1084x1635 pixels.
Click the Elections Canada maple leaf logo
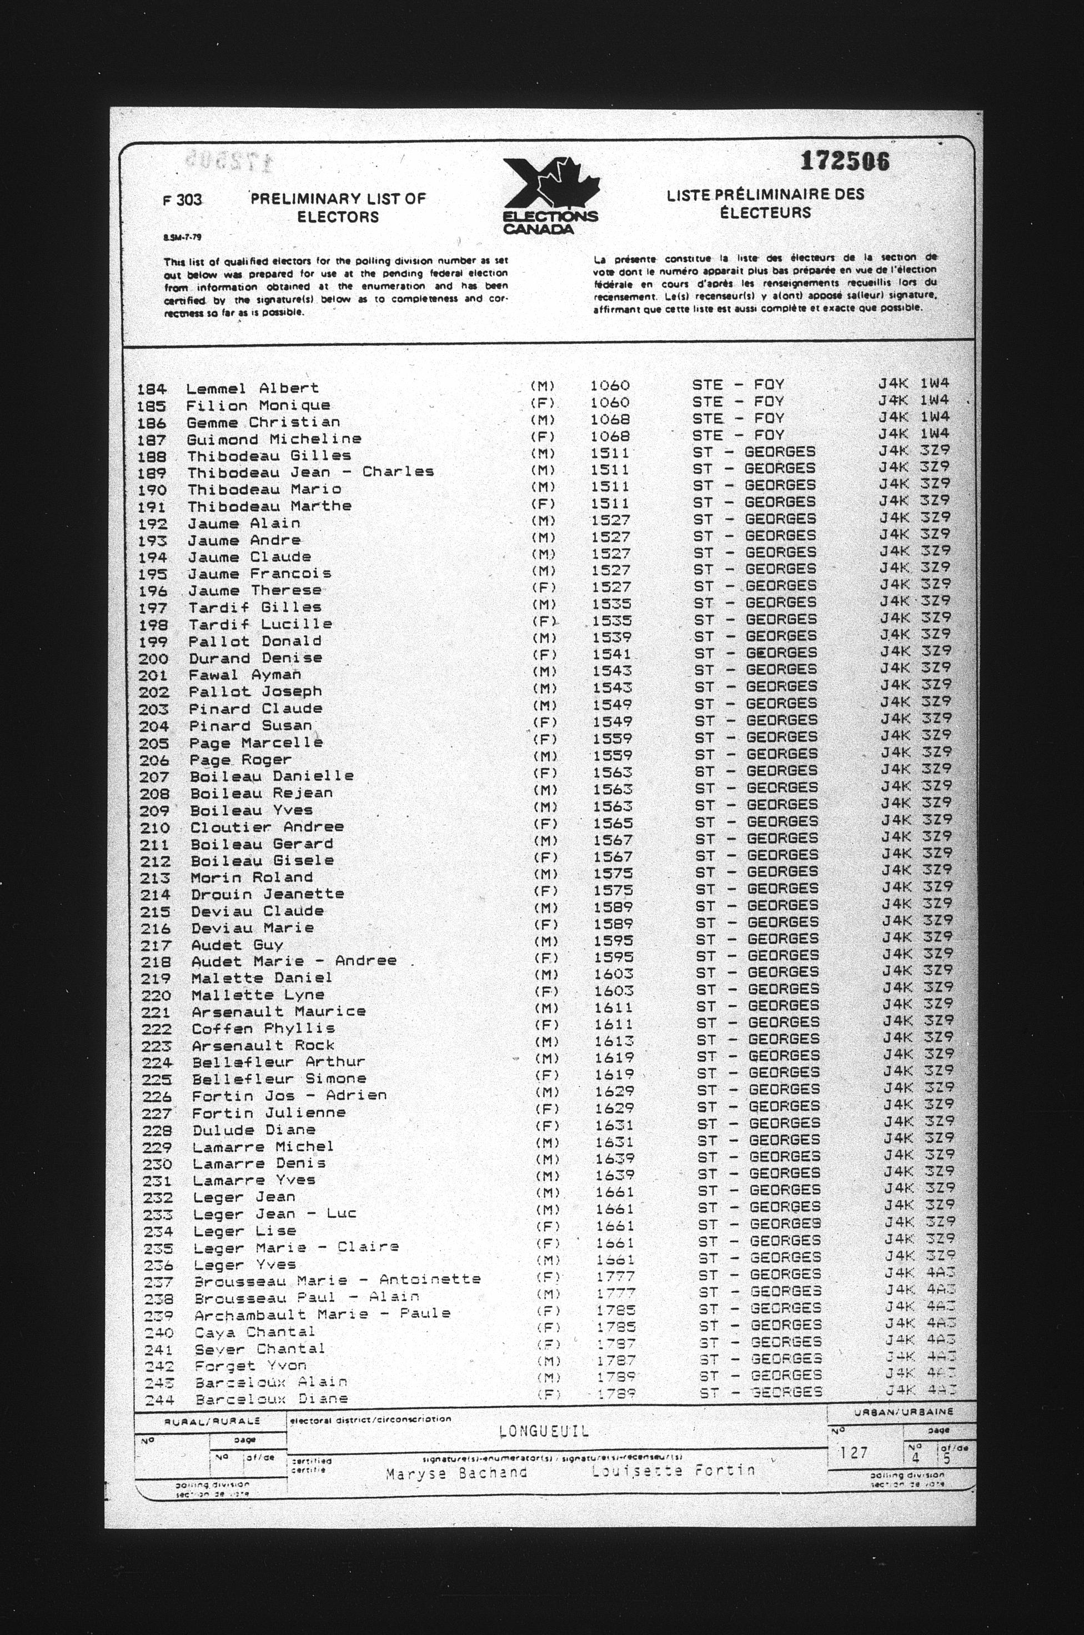(550, 195)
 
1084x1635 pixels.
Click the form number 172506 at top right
(844, 161)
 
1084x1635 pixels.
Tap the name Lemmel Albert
(252, 388)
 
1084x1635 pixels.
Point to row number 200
(153, 659)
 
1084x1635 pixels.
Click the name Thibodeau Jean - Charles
(310, 472)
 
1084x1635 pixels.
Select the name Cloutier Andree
(267, 827)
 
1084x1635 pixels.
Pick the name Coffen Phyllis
(263, 1029)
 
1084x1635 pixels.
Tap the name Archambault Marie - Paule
(322, 1313)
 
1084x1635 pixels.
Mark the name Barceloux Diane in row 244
(271, 1400)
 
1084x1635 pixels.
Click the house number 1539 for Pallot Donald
(611, 636)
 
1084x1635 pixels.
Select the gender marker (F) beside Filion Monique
(543, 402)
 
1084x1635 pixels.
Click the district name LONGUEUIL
(543, 1431)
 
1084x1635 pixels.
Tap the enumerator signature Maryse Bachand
(456, 1473)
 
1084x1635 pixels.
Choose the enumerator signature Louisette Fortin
(673, 1471)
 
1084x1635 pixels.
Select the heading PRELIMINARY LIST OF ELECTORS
(338, 207)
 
